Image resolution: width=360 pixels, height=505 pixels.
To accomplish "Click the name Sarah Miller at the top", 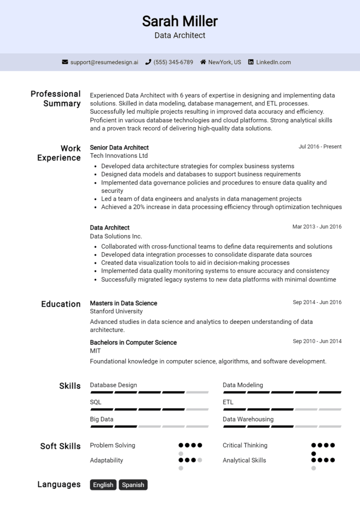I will (180, 21).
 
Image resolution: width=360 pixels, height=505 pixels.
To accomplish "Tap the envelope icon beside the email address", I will (65, 62).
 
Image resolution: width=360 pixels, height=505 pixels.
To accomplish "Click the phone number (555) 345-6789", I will (173, 62).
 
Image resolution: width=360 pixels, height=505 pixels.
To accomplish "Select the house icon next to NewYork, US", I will (203, 62).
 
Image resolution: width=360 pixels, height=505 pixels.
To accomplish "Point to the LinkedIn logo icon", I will (251, 62).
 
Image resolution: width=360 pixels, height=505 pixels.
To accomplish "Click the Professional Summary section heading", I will (55, 98).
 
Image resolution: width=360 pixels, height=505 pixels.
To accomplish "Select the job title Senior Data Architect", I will (119, 147).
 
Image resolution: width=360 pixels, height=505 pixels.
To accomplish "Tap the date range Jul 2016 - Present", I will (320, 147).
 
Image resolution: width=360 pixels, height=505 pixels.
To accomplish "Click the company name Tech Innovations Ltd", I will (119, 156).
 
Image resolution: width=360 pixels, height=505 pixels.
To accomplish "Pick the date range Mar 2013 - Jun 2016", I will (317, 227).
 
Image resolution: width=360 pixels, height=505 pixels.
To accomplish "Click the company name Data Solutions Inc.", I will (116, 236).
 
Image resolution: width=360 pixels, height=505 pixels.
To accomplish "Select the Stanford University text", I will (116, 311).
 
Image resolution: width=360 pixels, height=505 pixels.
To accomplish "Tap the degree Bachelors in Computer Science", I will (133, 342).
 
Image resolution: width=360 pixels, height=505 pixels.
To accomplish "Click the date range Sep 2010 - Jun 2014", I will (317, 341).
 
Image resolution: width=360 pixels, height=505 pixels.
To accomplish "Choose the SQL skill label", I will (96, 402).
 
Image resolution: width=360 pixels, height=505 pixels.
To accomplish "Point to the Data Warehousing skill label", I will (248, 419).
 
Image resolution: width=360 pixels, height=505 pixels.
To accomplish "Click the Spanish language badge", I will (133, 485).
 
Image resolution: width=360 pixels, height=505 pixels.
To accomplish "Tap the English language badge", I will (103, 485).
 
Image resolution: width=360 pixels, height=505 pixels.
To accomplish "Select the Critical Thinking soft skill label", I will (245, 445).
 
